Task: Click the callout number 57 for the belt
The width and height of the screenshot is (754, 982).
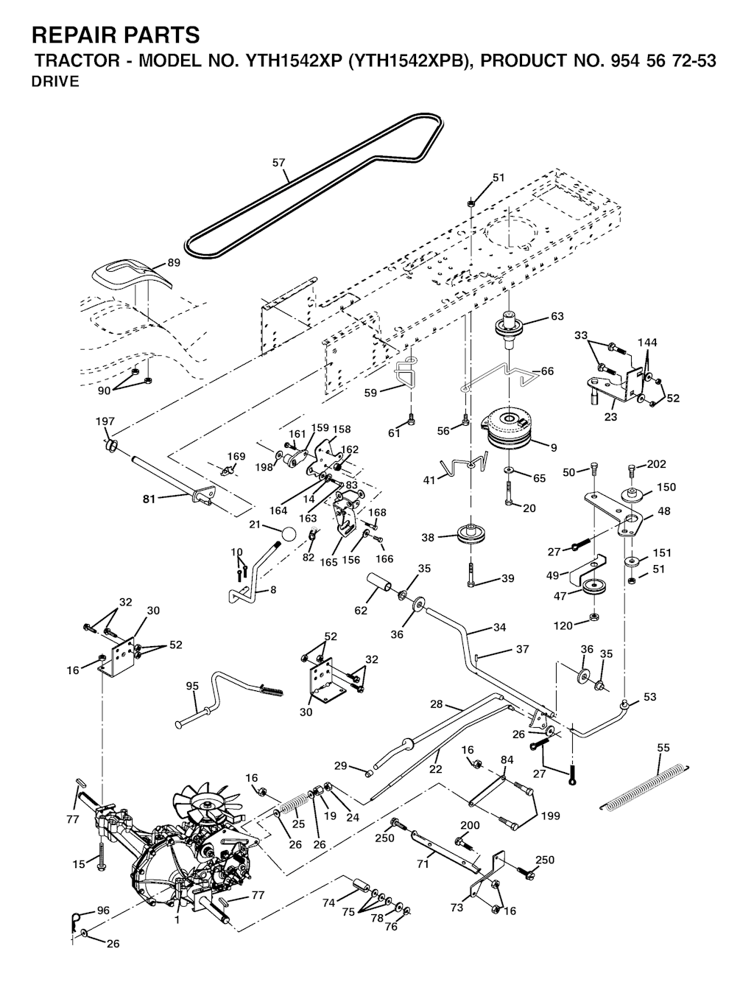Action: [278, 162]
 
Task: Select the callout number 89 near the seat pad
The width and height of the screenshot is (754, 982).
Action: [174, 262]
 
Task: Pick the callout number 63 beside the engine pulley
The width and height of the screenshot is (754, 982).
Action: [557, 317]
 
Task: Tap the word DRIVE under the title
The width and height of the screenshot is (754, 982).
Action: [54, 82]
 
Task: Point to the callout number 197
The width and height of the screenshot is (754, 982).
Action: [105, 421]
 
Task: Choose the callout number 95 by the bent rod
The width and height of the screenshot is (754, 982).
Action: [192, 686]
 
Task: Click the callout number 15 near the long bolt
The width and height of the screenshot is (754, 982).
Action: [79, 864]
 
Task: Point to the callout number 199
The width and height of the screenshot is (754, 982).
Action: [549, 816]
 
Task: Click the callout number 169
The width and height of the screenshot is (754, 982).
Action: [236, 457]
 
